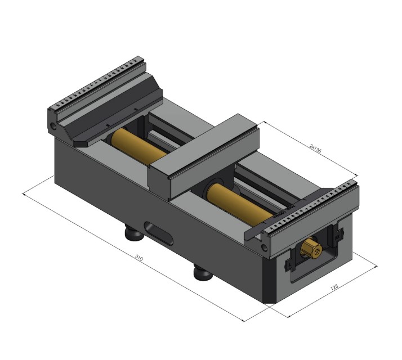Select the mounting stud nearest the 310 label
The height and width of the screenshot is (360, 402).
coord(202,273)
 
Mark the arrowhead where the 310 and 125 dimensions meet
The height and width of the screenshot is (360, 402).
coord(245,321)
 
